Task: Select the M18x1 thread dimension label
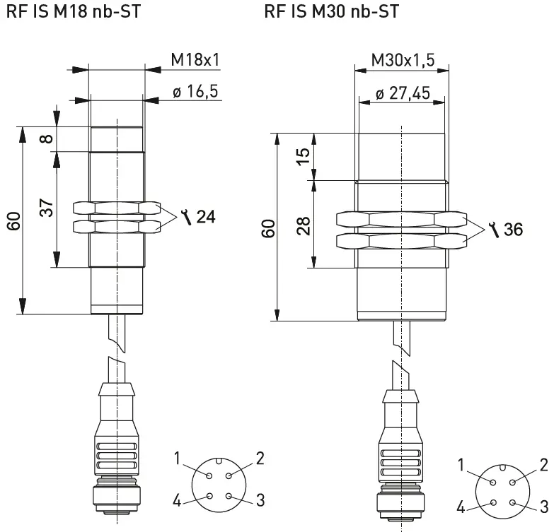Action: point(195,60)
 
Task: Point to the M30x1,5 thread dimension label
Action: point(403,61)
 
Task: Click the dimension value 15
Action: point(304,156)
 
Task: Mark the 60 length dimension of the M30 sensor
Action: point(268,228)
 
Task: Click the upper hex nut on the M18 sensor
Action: point(117,208)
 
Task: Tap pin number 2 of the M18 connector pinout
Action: point(260,459)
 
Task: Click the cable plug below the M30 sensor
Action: point(401,459)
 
